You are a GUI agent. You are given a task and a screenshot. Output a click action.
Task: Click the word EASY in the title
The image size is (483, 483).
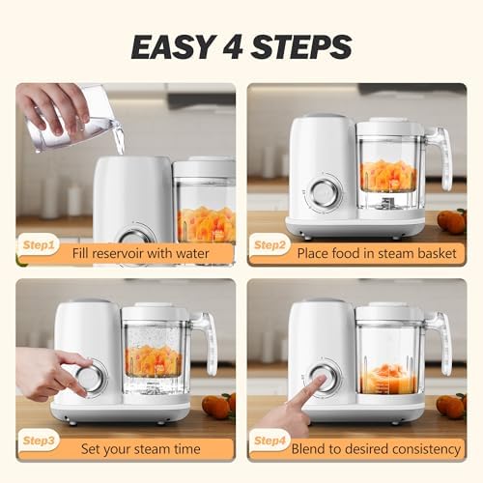click(x=173, y=47)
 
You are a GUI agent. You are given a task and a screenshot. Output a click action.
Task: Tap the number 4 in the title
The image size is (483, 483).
click(x=234, y=47)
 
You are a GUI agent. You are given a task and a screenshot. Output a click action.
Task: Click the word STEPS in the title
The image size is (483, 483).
click(x=301, y=47)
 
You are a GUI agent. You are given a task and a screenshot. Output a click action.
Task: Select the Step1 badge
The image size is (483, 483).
click(x=39, y=245)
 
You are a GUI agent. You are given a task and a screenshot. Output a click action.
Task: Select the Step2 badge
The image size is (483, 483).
click(x=270, y=245)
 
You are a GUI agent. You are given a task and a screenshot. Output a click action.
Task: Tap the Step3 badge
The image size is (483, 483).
click(x=39, y=440)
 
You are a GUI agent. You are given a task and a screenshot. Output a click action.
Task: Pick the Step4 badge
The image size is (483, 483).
click(x=270, y=440)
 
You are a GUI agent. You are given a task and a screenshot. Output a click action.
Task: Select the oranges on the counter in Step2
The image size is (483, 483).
click(x=452, y=221)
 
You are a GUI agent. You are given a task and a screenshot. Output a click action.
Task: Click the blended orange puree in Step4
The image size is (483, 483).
click(x=389, y=381)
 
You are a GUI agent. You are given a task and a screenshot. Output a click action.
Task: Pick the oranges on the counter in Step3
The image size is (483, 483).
click(x=219, y=407)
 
